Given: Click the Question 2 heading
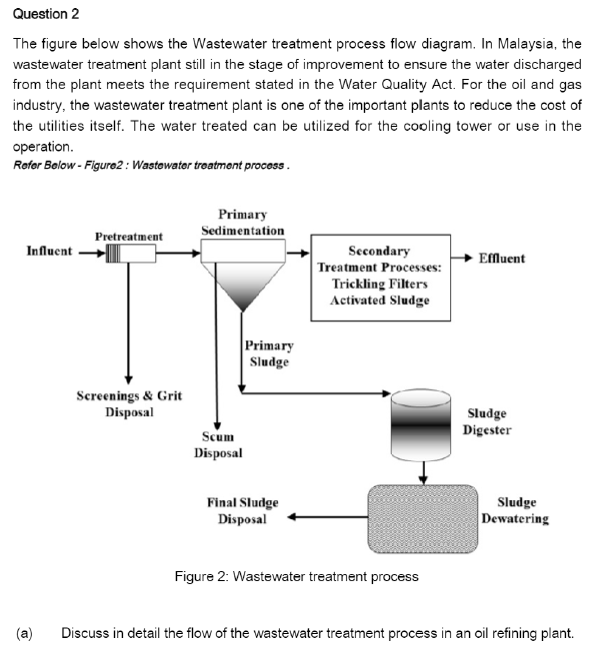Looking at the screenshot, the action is point(46,14).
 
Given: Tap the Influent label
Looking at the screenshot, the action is point(49,251).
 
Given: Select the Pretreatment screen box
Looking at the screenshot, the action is point(131,253).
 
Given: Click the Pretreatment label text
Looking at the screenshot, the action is point(129,237).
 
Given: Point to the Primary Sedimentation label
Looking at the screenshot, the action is point(243,223).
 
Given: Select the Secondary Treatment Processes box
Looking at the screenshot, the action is point(380,278).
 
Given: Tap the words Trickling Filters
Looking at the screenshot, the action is point(380,284).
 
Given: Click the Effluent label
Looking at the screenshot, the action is point(502,259).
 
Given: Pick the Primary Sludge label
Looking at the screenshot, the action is point(269,353).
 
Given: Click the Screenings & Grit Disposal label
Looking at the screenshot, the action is point(129,404).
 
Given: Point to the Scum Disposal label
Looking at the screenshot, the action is point(218,444).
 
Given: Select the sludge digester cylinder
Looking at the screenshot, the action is point(421,425).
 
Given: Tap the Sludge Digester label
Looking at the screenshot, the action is point(487,421).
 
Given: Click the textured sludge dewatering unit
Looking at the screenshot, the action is point(423,519).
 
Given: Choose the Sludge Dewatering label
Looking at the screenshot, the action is point(515,510).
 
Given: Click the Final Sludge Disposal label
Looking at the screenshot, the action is point(243,511).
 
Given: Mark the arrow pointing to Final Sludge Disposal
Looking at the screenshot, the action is point(328,517).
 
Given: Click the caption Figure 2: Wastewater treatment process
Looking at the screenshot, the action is point(297,576).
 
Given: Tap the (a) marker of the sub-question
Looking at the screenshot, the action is point(24,633).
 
